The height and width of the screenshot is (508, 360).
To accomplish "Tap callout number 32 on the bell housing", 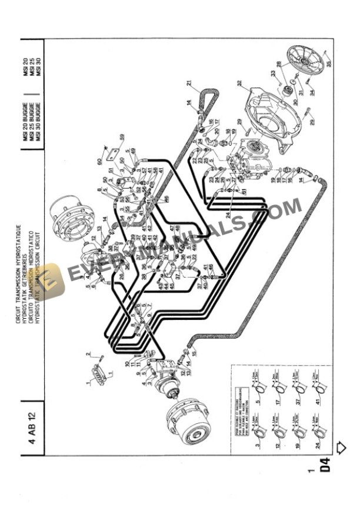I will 239,83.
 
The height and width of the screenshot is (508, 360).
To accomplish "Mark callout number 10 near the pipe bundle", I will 126,363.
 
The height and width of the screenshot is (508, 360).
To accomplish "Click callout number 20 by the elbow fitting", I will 216,131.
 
